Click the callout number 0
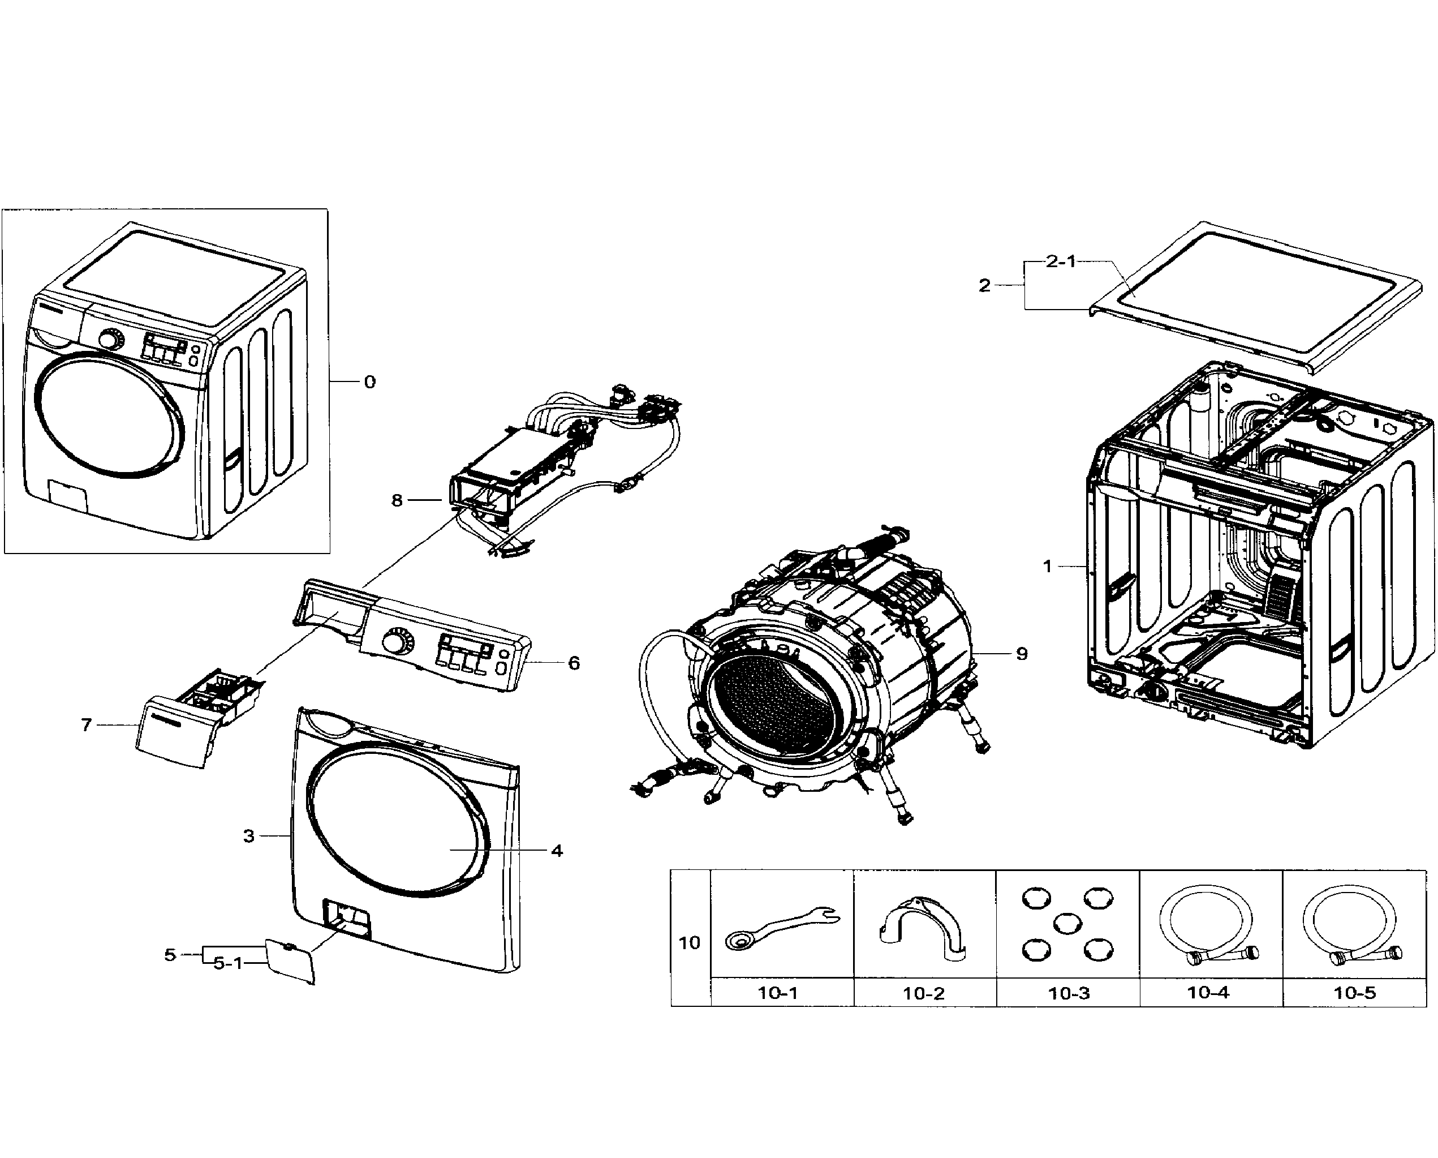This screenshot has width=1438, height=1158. tap(369, 382)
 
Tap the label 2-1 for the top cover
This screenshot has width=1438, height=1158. tap(1061, 261)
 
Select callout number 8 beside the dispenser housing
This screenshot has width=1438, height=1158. tap(397, 500)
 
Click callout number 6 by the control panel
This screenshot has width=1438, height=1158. tap(574, 663)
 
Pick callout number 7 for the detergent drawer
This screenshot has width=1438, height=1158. tap(86, 725)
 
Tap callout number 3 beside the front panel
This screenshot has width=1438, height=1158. tap(249, 835)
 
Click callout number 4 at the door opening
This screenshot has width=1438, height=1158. tap(557, 850)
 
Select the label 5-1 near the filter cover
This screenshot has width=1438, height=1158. tap(228, 964)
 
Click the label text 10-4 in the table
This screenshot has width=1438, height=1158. tap(1208, 993)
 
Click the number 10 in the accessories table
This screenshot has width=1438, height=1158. tap(690, 943)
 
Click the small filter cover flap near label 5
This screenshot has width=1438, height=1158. tap(291, 961)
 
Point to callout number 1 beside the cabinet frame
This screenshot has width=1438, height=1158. tap(1047, 567)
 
